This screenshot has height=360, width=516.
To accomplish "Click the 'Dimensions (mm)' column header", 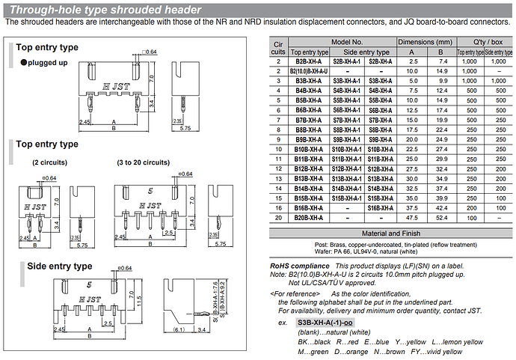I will [x=424, y=43].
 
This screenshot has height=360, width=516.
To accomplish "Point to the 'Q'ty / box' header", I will [x=483, y=43].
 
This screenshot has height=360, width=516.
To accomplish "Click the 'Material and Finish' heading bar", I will [x=390, y=234].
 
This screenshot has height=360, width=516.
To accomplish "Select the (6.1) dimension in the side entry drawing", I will [x=176, y=329].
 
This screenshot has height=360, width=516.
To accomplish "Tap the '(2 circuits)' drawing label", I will [x=49, y=162].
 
